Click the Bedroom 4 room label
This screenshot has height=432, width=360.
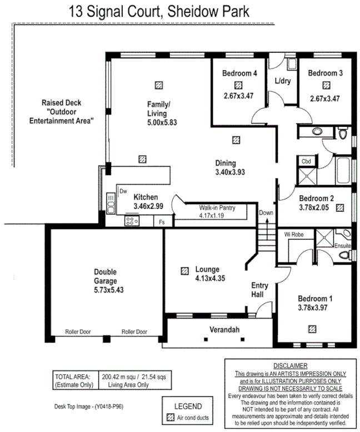pyautogui.click(x=239, y=73)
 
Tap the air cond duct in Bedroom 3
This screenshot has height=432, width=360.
pyautogui.click(x=326, y=85)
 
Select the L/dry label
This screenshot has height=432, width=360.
pyautogui.click(x=283, y=81)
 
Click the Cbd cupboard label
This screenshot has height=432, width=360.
pyautogui.click(x=306, y=161)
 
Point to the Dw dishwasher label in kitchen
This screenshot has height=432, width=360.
pyautogui.click(x=123, y=191)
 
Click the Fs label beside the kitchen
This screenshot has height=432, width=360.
pyautogui.click(x=162, y=222)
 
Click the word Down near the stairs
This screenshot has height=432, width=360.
pyautogui.click(x=266, y=213)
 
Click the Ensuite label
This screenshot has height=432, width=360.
pyautogui.click(x=342, y=245)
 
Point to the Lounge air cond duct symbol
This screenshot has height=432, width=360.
pyautogui.click(x=184, y=271)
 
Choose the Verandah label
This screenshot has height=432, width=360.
pyautogui.click(x=224, y=330)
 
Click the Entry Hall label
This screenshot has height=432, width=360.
pyautogui.click(x=259, y=290)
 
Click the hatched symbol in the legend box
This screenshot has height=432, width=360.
pyautogui.click(x=171, y=416)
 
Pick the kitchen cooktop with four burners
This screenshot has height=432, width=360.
pyautogui.click(x=132, y=221)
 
